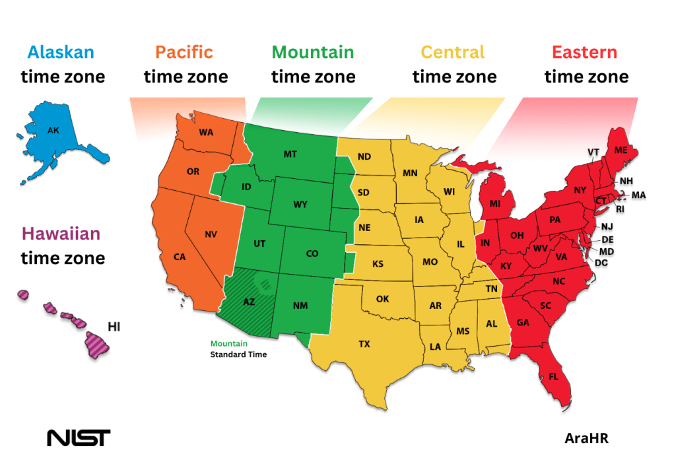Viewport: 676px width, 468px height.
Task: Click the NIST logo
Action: pos(79,438)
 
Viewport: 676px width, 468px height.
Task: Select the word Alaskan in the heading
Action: pos(61,52)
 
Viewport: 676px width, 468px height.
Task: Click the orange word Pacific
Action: pos(184,52)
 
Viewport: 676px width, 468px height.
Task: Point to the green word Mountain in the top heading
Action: pos(313,52)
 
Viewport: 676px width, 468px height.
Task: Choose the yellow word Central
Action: pos(453,52)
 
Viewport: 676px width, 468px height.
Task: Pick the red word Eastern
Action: pos(585,52)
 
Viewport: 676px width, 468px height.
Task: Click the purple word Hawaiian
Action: pos(61,234)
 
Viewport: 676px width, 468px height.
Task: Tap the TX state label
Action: pos(364,344)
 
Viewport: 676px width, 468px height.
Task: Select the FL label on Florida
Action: pos(553,377)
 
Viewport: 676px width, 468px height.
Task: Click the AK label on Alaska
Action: pos(53,131)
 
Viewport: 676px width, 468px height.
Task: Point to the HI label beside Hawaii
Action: pos(114,326)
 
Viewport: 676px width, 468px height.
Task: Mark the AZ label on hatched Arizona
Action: pos(249,302)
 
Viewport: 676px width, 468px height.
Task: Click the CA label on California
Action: pos(180,257)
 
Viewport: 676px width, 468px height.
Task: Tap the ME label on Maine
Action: pos(621,150)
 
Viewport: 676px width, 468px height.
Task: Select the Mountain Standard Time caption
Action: pos(238,349)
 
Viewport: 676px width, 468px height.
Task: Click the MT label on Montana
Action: pos(290,154)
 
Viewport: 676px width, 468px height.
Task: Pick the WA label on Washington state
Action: pos(206,132)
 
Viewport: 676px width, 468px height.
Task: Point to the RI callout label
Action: pos(620,209)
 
